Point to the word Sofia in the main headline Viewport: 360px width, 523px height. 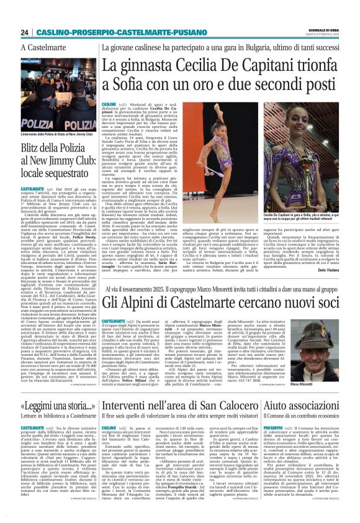click(123, 84)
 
